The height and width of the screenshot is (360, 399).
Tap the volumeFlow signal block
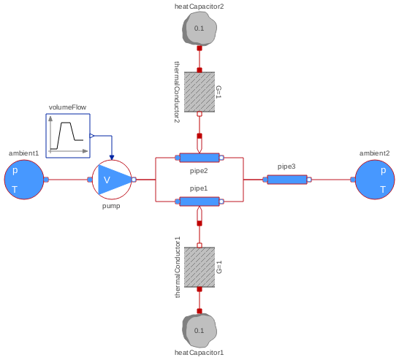68,136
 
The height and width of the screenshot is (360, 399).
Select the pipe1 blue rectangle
199,201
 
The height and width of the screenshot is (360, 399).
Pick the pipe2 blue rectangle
199,157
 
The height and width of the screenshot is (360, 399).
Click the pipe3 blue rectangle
287,179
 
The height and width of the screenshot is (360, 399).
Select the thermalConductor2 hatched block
199,92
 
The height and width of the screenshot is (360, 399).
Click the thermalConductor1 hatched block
199,267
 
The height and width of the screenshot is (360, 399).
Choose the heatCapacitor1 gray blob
199,330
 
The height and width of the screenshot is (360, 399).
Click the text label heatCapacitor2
199,6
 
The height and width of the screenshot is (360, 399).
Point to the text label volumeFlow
68,107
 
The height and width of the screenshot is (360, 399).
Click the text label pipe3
287,166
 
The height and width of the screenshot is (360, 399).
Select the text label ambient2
375,153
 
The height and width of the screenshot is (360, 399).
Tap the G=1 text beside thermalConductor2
218,92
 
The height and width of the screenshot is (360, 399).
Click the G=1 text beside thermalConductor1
218,267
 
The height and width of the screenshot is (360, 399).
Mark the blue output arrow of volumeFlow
92,136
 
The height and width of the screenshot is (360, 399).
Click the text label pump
111,206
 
